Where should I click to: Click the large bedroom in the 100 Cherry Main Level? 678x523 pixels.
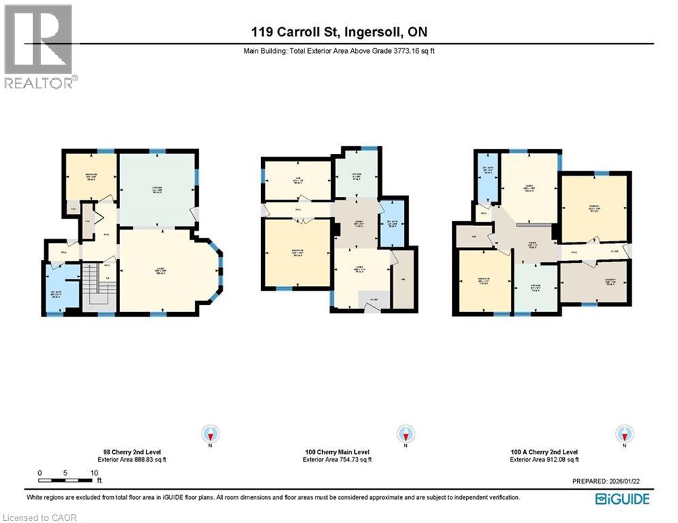click(296, 252)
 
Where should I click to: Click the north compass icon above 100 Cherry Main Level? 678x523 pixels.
click(406, 434)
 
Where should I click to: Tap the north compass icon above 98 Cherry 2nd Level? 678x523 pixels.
click(211, 434)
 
